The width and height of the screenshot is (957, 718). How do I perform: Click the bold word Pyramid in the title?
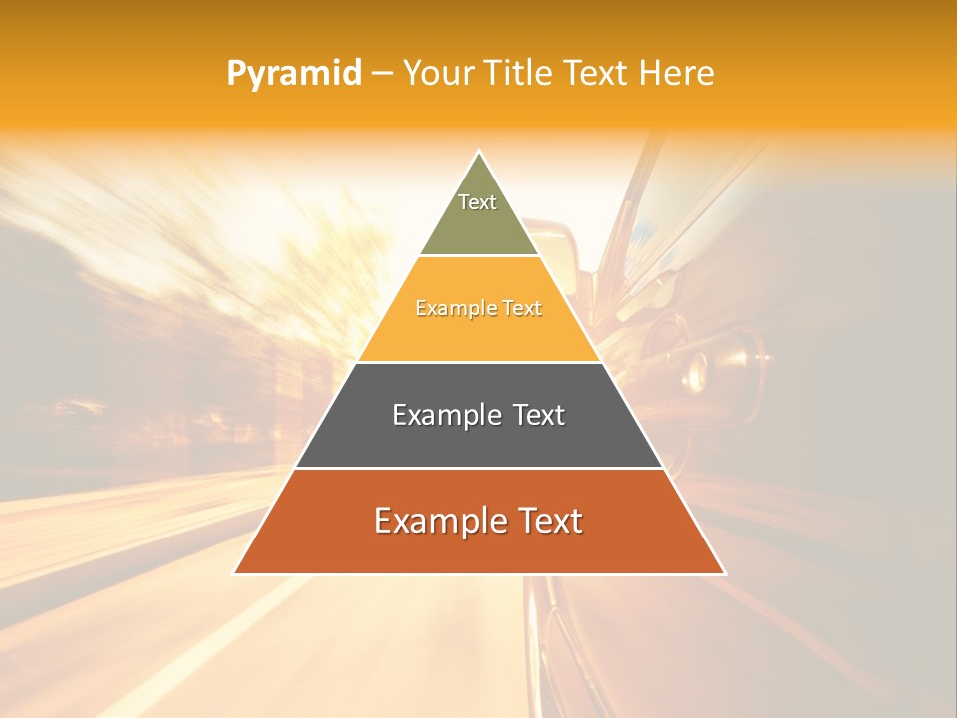tap(294, 74)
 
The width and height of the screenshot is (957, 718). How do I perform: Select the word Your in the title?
tap(438, 73)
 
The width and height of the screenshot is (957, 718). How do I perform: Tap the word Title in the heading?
tap(517, 73)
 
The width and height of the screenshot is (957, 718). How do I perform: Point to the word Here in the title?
tap(677, 73)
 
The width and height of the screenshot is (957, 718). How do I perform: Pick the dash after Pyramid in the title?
tap(382, 74)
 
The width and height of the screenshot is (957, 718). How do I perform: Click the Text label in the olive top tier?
tap(478, 202)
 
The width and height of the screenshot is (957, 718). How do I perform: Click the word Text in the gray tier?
tap(539, 415)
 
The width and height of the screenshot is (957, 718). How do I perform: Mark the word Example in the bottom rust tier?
tap(435, 521)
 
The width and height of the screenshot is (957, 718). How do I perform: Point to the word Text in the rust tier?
tap(549, 521)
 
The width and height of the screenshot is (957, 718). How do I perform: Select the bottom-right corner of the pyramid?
tap(724, 573)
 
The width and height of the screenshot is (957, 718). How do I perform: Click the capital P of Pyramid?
tap(235, 74)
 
